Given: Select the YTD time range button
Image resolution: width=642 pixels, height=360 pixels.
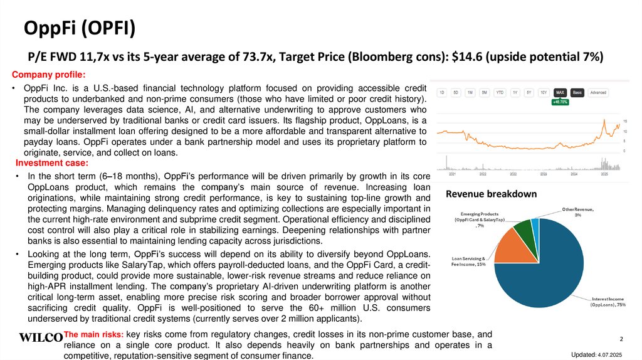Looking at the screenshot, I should [x=500, y=92].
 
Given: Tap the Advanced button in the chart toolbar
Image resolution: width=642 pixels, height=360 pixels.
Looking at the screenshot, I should [x=598, y=92].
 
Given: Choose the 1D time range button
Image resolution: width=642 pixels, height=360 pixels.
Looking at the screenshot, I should [x=442, y=92].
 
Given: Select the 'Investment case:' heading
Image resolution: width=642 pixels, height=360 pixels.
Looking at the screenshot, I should [x=49, y=164].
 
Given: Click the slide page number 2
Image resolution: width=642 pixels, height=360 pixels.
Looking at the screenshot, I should [x=621, y=339].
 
